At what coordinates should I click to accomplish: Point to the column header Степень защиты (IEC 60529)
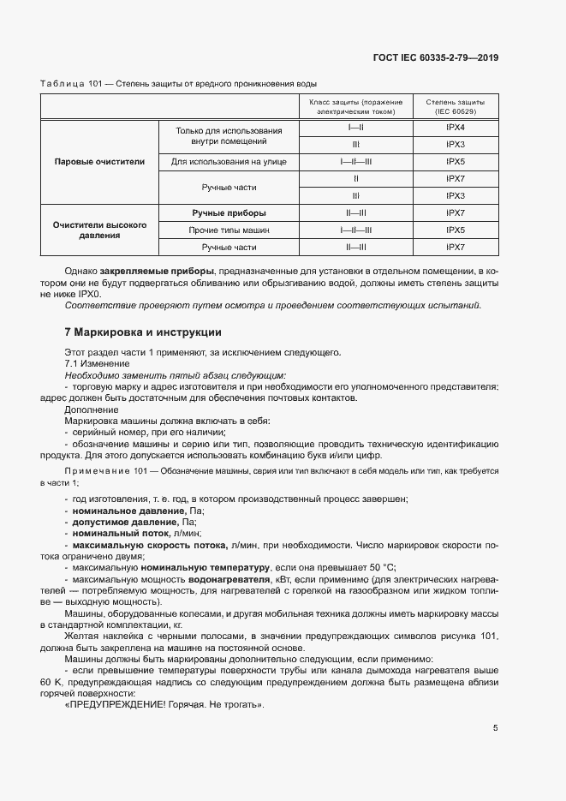tap(455, 106)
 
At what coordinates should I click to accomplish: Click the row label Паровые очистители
tap(99, 161)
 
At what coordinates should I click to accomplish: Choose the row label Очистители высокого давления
tap(99, 230)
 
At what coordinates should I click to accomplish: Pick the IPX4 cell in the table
tap(455, 127)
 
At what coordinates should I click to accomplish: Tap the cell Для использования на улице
tap(229, 161)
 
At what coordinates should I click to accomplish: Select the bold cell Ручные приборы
tap(229, 212)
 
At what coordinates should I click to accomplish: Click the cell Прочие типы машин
tap(229, 230)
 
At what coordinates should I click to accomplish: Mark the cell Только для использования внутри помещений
tap(229, 135)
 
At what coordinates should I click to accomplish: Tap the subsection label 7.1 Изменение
tap(97, 364)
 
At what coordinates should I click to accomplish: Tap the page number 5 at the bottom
tap(495, 729)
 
